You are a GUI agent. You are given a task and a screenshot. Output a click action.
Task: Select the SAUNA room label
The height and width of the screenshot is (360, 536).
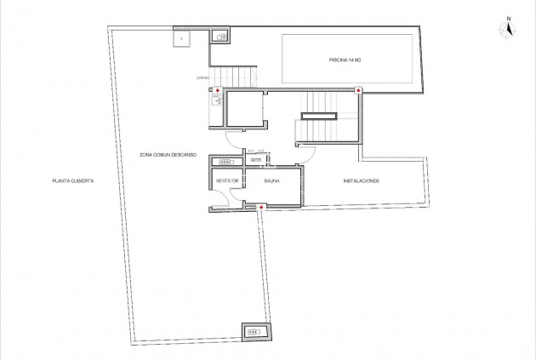[271, 181]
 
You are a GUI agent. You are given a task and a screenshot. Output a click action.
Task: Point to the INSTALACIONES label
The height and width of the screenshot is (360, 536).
[360, 181]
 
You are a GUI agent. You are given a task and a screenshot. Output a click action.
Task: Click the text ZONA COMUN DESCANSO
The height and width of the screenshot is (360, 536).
[168, 155]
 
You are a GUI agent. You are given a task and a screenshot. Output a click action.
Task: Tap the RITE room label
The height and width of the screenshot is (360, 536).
[254, 160]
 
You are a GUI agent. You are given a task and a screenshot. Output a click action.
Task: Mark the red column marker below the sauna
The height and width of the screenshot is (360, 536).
[261, 207]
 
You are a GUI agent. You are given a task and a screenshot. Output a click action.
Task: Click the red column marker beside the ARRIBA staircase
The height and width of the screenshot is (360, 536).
[219, 89]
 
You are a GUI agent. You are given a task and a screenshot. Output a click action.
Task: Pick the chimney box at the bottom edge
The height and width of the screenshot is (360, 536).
[255, 331]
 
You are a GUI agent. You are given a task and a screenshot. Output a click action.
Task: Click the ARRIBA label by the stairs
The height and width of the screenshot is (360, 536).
[202, 78]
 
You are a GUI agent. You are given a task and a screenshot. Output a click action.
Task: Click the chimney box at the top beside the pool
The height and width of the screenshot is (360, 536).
[220, 37]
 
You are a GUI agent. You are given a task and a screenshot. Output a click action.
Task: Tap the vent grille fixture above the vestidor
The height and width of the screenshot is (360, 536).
[228, 161]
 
